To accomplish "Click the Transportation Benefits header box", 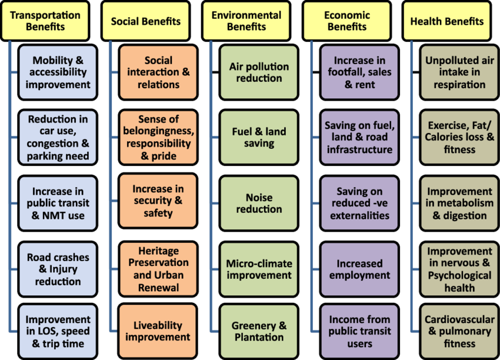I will coord(45,21).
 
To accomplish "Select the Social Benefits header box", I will coord(146,21).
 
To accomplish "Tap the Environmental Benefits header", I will coord(246,21).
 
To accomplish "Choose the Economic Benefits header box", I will coord(347,21).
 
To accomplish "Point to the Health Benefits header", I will coord(447,21).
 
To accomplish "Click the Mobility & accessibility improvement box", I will coord(58,72).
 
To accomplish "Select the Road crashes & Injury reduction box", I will coord(58,269).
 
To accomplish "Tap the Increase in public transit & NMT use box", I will coord(58,204).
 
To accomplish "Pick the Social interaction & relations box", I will coord(158,72).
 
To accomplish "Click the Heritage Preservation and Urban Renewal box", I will coord(158,269).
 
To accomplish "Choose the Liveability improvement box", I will coord(158,331).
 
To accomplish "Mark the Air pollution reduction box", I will coord(259,72).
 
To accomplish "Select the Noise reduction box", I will coord(259,203).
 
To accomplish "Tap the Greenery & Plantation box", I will coord(259,331).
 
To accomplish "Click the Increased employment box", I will coord(359,269).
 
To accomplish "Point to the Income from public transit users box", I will coord(359,331).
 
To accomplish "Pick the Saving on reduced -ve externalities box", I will coord(359,204).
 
